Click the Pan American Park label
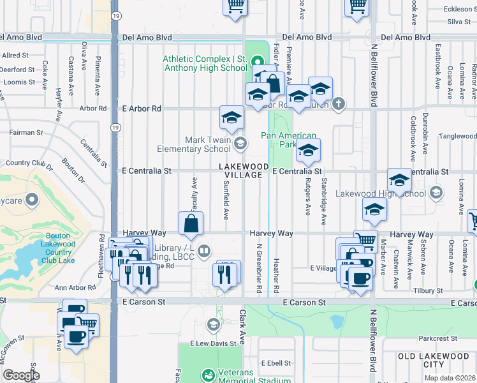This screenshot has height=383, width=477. [288, 140]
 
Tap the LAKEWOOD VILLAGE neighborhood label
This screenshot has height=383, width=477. [240, 170]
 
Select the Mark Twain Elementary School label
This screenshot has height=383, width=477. [207, 144]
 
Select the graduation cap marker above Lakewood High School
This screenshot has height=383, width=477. [399, 181]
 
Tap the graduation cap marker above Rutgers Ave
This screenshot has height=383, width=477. [308, 151]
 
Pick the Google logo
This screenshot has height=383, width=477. [21, 375]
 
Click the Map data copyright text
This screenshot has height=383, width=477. [450, 378]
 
